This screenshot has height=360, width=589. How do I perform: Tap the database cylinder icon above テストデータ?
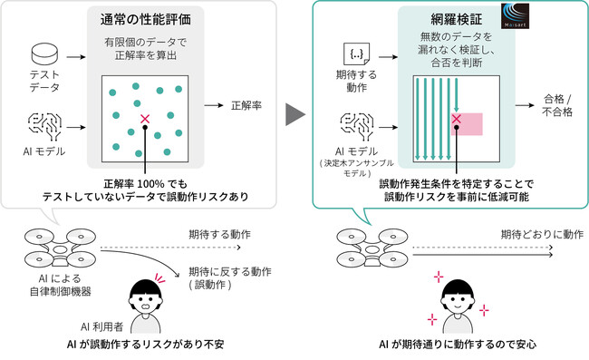click(x=43, y=55)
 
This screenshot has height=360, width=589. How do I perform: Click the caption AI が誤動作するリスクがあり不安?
click(x=144, y=345)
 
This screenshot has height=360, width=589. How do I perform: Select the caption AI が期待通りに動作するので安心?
click(x=458, y=345)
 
